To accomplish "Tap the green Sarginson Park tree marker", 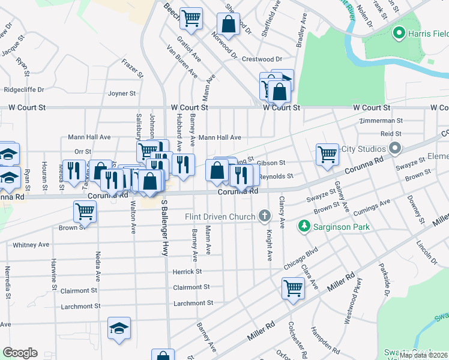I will [x=304, y=227].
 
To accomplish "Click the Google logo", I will [x=20, y=353].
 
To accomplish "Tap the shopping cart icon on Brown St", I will [x=85, y=211].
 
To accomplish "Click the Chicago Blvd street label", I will [x=300, y=258].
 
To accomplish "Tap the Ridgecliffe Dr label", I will [x=24, y=89].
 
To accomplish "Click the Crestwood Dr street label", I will [x=262, y=59].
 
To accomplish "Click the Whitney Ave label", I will [x=31, y=245].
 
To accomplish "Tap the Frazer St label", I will [x=133, y=68].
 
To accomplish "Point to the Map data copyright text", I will [x=424, y=355].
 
